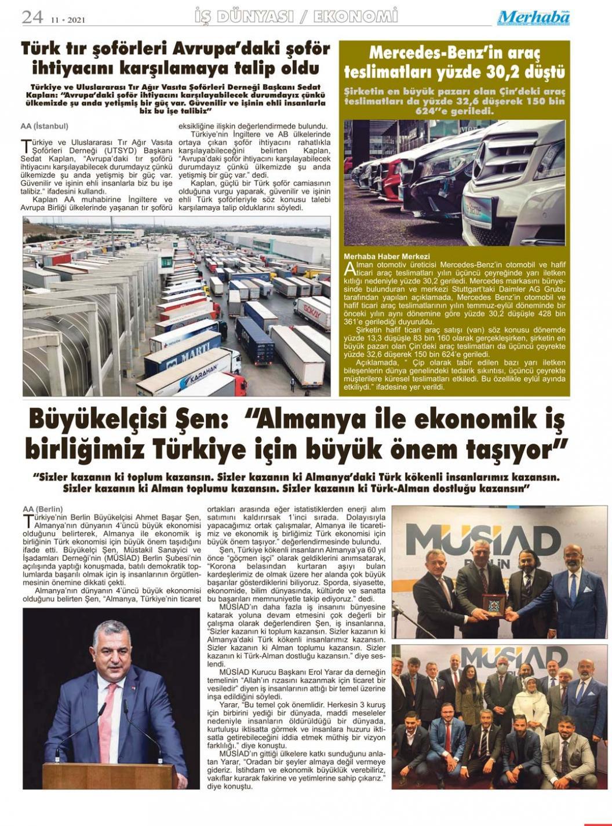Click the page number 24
click(x=32, y=17)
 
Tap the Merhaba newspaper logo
click(x=533, y=17)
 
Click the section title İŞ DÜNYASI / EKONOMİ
click(x=297, y=16)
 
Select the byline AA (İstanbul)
click(x=44, y=126)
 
